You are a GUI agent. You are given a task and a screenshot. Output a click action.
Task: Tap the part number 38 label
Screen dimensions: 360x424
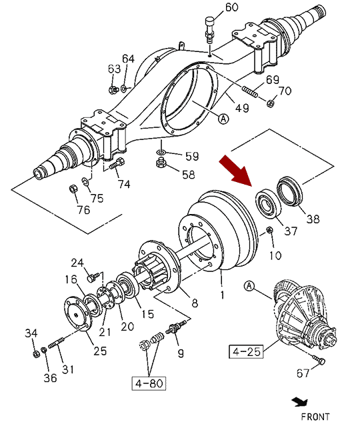313,219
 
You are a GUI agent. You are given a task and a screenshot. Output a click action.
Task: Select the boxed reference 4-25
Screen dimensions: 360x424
246,351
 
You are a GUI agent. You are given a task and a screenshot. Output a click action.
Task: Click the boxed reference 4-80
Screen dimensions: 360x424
149,383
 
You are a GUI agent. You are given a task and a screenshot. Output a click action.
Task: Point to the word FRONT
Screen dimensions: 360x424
315,417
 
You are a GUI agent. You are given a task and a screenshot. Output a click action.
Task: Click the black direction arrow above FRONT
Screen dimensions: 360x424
300,402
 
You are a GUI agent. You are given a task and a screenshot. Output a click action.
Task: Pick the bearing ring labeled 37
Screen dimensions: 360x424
268,203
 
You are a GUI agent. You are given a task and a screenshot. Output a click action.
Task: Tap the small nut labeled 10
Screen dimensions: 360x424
269,230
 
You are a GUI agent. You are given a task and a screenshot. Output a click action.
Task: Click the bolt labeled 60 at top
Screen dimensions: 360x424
209,29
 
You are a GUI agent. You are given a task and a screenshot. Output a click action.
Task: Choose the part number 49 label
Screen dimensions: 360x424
242,108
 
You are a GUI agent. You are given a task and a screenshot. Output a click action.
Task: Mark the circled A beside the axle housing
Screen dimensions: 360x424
223,119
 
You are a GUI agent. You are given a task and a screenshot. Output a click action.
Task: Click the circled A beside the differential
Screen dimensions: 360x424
249,286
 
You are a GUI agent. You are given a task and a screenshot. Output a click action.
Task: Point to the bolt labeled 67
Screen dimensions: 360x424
319,359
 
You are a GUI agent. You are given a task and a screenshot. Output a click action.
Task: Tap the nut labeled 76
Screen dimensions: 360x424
73,189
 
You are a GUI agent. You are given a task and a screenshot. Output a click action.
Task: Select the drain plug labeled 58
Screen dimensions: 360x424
161,163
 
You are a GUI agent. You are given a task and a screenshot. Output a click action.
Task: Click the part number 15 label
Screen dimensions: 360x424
148,314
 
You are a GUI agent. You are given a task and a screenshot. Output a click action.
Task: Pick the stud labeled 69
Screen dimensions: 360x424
250,92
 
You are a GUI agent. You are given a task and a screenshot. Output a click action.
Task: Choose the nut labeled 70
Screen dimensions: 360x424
270,103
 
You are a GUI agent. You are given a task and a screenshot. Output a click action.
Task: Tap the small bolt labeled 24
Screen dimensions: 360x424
91,278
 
